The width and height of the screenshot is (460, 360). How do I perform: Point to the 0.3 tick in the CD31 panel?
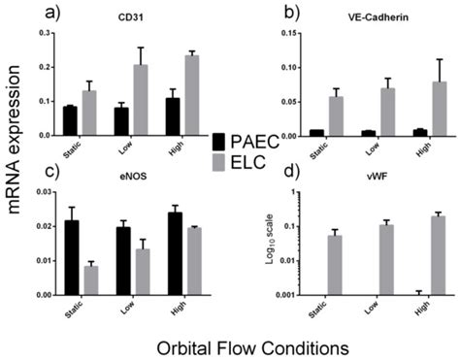(x=42, y=34)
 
